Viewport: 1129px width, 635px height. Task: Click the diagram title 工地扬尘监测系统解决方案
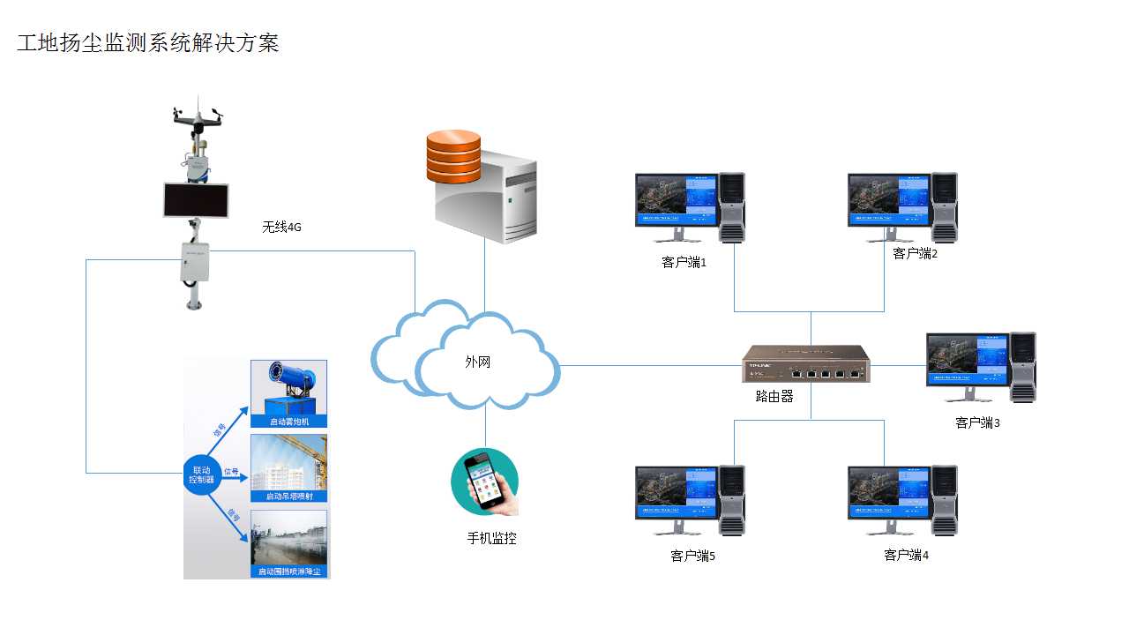coord(148,43)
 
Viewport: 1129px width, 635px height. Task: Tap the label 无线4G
coord(282,227)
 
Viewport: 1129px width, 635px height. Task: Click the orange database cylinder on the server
coord(453,157)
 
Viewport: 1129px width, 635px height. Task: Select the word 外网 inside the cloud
coord(478,362)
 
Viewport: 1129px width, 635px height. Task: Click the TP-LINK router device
coord(805,363)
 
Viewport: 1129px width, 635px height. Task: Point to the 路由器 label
coord(774,397)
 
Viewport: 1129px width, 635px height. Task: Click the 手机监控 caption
coord(491,538)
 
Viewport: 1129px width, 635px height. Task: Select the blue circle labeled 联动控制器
coord(202,475)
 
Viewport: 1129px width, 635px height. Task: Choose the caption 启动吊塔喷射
coord(289,497)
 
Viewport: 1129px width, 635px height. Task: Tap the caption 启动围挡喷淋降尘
coord(289,571)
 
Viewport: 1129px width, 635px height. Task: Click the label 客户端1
coord(684,262)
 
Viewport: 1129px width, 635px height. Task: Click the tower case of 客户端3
coord(1023,366)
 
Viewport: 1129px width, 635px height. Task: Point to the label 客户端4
coord(906,556)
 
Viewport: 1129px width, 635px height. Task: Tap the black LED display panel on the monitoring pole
coord(196,200)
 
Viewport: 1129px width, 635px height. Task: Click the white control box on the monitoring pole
coord(194,262)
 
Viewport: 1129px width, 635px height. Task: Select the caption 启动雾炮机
coord(289,422)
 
